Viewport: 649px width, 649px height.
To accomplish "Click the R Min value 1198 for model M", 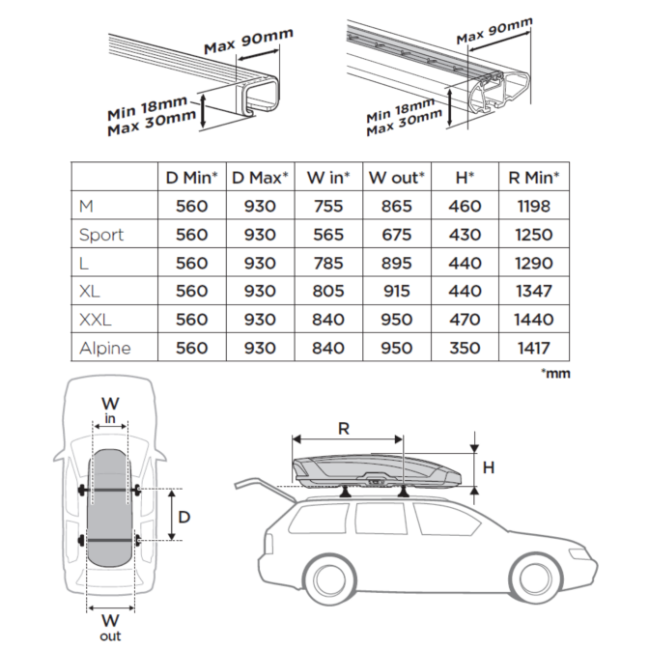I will [x=534, y=206].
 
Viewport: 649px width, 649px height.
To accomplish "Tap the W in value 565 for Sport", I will [x=327, y=235].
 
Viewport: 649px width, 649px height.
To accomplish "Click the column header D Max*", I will [x=261, y=177].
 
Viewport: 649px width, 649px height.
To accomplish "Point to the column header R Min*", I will [x=534, y=177].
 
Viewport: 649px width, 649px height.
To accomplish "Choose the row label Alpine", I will [x=105, y=348].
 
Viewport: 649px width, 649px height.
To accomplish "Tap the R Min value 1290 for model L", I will [x=534, y=263].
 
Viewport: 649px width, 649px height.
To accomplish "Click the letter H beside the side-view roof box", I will [x=488, y=467].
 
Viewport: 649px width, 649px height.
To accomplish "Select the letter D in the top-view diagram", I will [x=183, y=517].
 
